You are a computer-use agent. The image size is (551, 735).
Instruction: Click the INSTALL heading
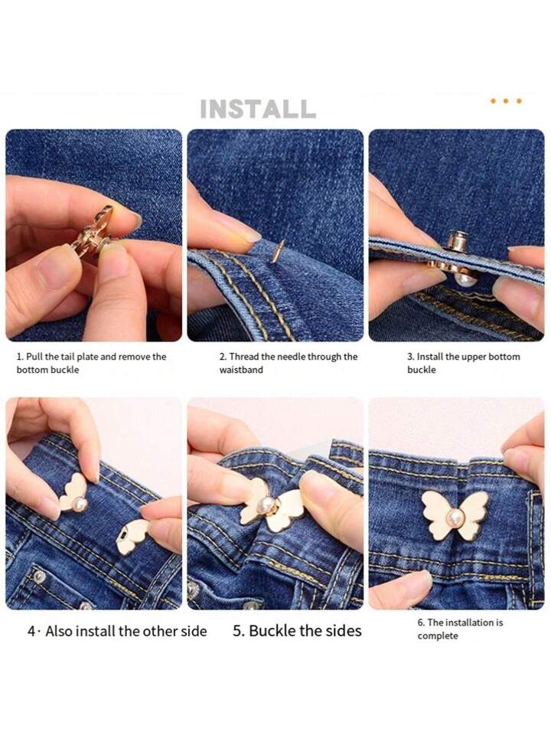(258, 109)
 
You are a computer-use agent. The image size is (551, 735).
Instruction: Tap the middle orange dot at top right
(506, 101)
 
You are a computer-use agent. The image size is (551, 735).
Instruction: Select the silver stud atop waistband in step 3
(458, 241)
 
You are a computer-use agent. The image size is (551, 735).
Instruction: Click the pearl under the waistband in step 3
(468, 280)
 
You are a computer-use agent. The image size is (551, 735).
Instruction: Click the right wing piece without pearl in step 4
(133, 534)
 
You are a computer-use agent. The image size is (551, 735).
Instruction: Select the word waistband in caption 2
(241, 370)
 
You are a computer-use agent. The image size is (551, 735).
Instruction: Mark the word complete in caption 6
(437, 636)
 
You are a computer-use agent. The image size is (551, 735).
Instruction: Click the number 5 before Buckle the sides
(237, 632)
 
